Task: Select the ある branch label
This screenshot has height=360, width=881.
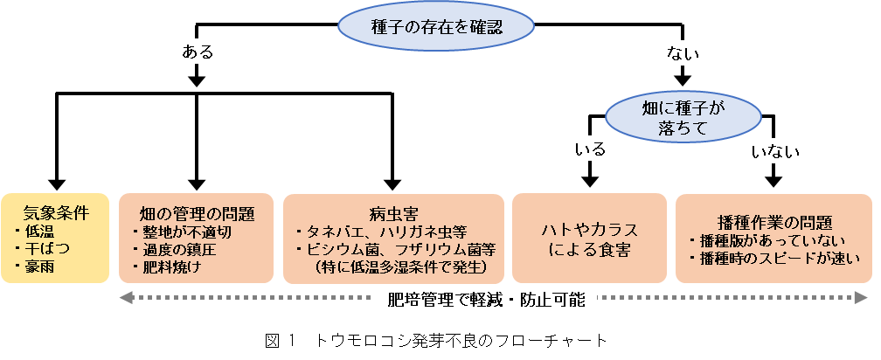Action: click(197, 52)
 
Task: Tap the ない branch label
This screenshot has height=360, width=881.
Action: click(682, 53)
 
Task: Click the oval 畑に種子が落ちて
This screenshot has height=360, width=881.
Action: click(683, 118)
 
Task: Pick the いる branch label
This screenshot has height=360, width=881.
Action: click(589, 149)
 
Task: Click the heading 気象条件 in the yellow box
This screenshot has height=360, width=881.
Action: click(56, 212)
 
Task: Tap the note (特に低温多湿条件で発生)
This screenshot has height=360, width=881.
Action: click(399, 267)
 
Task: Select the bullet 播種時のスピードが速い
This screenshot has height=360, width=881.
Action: click(773, 258)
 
